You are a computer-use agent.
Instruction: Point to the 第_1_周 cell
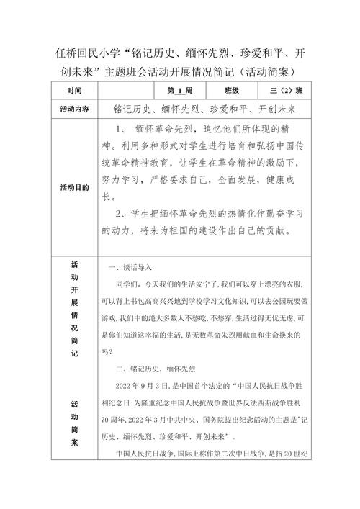tap(179, 91)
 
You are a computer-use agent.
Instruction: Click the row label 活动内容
tap(75, 109)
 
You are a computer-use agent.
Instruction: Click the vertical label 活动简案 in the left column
tap(75, 431)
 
